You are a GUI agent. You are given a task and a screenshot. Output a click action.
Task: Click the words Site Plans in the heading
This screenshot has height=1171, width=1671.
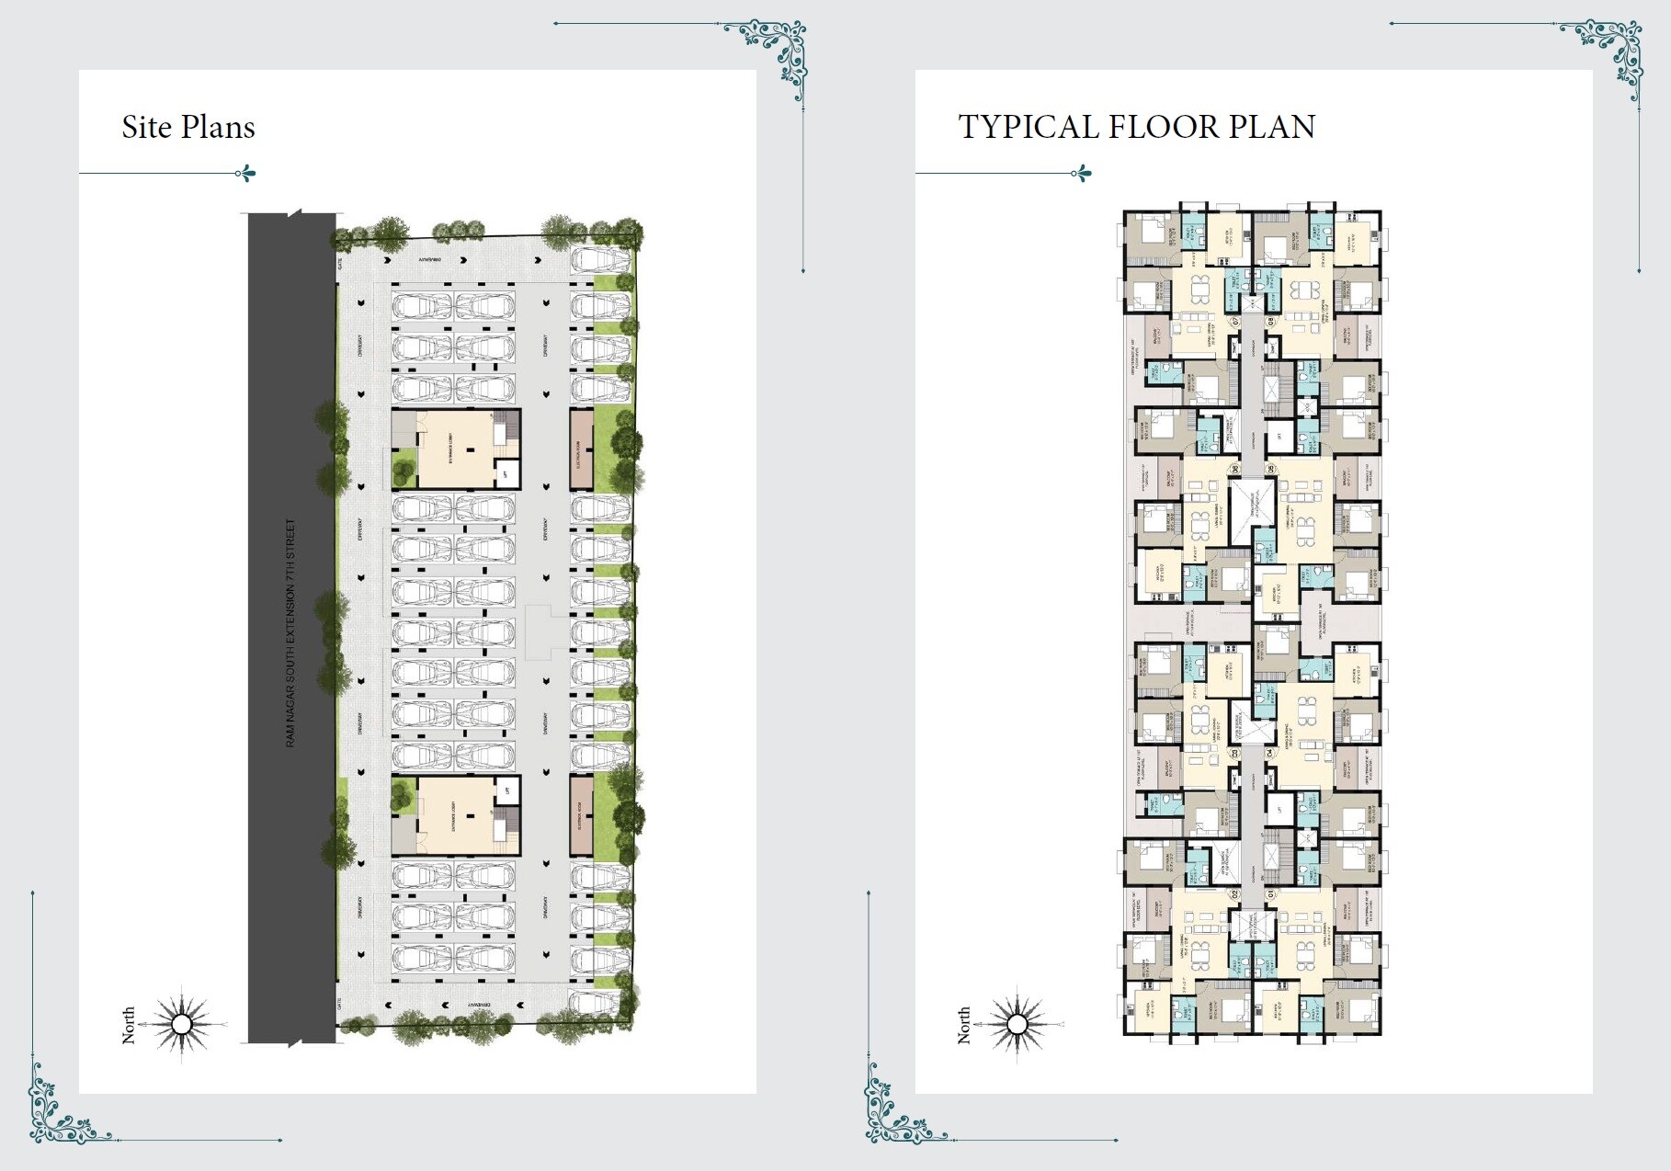click(x=188, y=127)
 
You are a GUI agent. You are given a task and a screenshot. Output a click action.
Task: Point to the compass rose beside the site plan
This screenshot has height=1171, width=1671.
click(x=182, y=1023)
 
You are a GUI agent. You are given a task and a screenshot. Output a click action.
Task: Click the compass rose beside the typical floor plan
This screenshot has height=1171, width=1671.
click(x=1017, y=1023)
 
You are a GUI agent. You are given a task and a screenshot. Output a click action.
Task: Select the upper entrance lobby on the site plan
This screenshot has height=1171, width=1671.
click(x=456, y=449)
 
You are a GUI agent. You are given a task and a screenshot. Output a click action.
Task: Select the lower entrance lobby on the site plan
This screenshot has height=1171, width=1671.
click(x=456, y=815)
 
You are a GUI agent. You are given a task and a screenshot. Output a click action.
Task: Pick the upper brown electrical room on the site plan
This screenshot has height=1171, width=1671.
click(x=580, y=449)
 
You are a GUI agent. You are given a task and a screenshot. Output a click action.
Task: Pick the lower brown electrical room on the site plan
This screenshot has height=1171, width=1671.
click(x=580, y=816)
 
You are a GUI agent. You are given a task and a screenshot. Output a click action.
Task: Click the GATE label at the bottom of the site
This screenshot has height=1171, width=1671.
click(x=340, y=1004)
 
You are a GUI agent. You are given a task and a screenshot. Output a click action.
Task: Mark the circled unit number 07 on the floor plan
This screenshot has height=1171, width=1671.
click(x=1234, y=322)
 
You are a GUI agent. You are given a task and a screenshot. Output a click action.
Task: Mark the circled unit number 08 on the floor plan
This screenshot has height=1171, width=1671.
click(x=1271, y=322)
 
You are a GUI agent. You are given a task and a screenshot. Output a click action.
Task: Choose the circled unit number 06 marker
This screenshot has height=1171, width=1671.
click(x=1234, y=470)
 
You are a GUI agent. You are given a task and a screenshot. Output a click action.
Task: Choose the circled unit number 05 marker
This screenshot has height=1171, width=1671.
click(x=1271, y=470)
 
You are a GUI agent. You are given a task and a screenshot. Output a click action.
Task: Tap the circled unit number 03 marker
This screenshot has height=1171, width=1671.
click(x=1234, y=753)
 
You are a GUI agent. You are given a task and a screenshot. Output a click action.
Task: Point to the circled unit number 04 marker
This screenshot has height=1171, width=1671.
click(x=1271, y=753)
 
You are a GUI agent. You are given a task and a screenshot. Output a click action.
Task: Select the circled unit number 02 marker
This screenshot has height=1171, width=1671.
click(x=1234, y=893)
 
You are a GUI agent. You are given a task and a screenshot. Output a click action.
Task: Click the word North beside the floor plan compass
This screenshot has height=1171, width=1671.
click(x=963, y=1024)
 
